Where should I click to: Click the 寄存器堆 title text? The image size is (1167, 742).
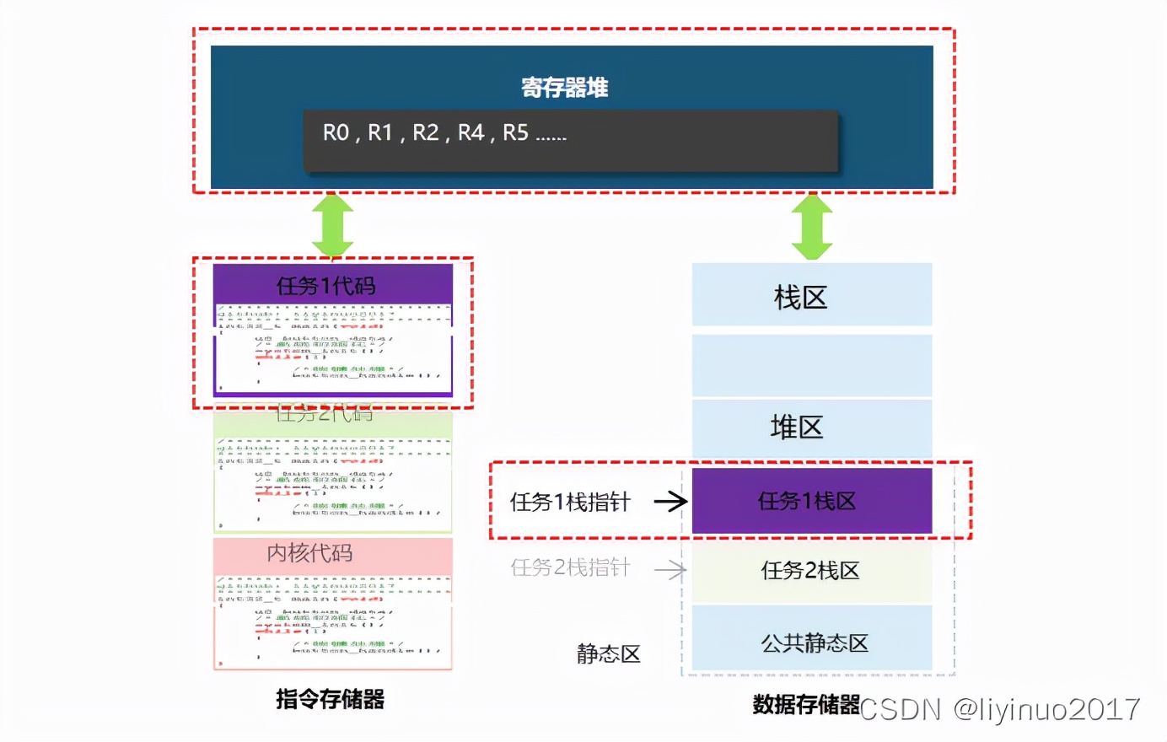coord(564,88)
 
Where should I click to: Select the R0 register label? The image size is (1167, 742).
coord(336,133)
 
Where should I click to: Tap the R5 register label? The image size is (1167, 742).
coord(515,133)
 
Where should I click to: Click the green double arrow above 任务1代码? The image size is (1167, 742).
coord(332,225)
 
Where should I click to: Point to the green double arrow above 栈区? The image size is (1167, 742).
coord(812,226)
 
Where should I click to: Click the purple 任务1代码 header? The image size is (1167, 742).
coord(332,285)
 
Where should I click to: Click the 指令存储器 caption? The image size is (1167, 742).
coord(330,699)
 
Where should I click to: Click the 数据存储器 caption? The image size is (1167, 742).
coord(805,704)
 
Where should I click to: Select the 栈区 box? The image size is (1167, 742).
coord(811,296)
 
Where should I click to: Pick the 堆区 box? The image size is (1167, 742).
coord(811,427)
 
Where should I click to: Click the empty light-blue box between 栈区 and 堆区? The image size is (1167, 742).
coord(811,365)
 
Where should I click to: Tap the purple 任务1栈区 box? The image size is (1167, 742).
coord(811,501)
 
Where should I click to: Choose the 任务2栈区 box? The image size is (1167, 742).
coord(811,571)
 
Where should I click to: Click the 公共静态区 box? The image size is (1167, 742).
coord(811,643)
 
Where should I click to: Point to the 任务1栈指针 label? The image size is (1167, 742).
coord(570,503)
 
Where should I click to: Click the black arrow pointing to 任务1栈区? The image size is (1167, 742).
coord(671,502)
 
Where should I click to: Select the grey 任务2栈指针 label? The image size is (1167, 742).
coord(570,567)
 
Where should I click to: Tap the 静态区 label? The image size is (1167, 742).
coord(608,654)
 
